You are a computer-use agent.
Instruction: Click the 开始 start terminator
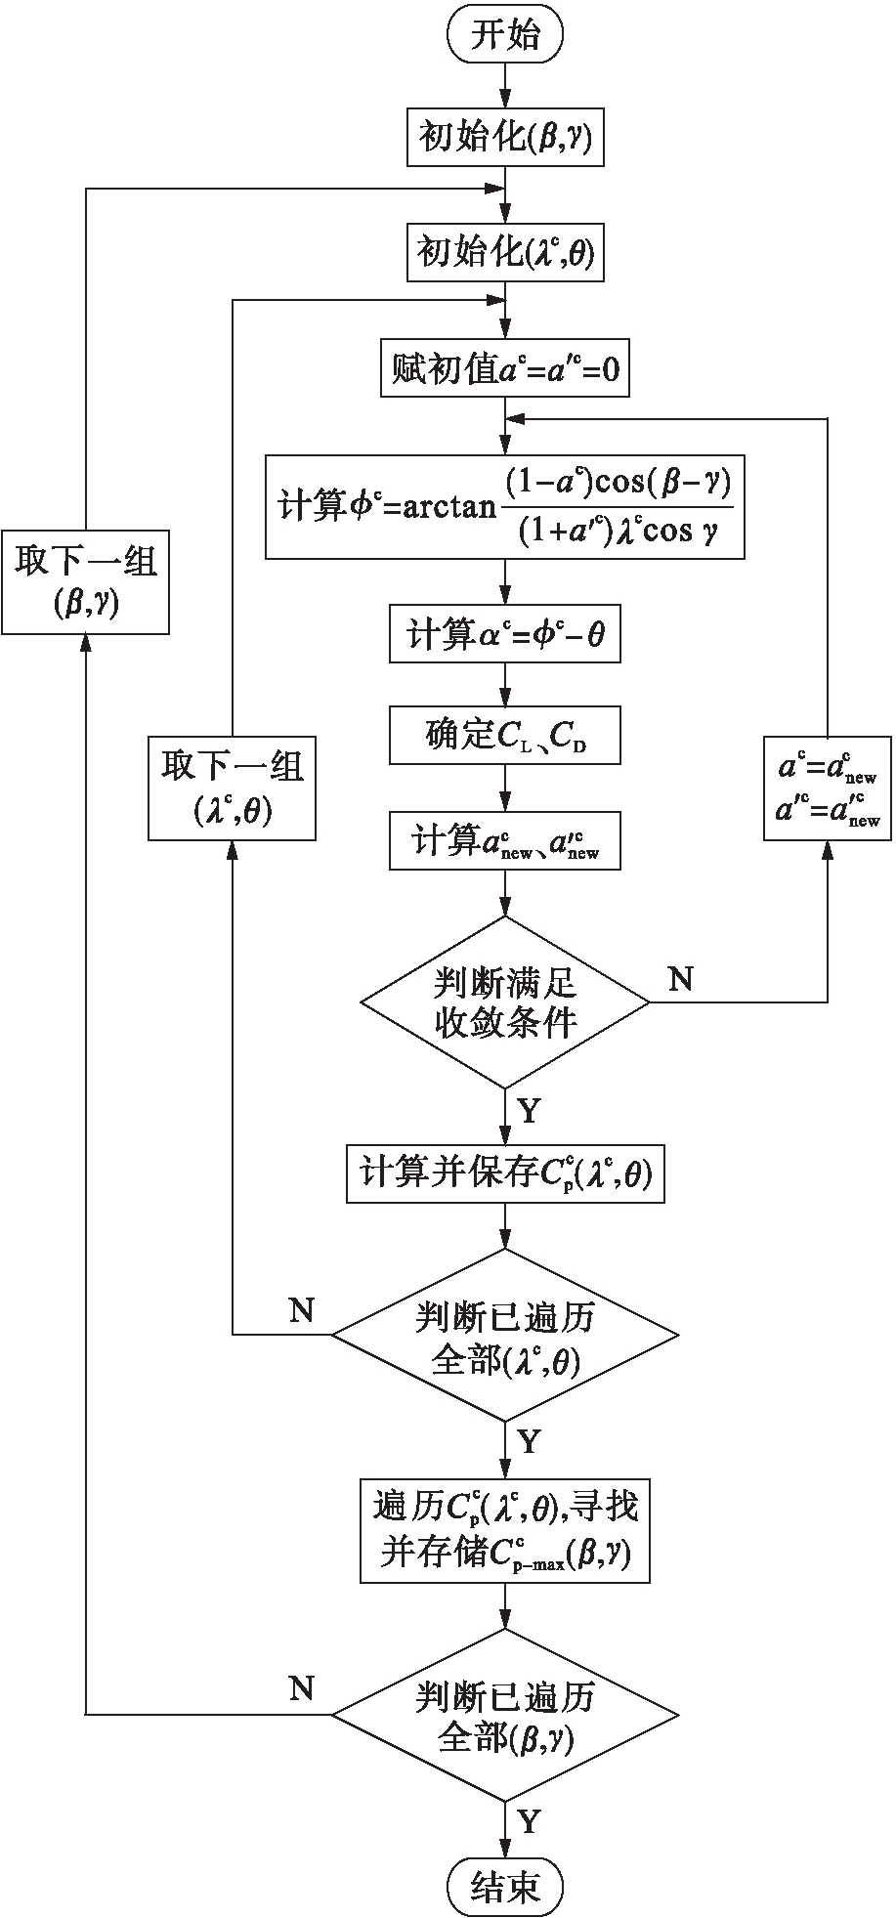505,36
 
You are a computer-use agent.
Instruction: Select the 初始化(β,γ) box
505,137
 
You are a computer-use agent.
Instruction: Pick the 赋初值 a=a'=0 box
505,368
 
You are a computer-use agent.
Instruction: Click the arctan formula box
505,506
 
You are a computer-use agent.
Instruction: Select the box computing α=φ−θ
505,635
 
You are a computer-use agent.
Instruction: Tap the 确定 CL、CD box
505,736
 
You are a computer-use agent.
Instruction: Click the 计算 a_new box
505,840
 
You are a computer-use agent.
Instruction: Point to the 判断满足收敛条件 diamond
505,1002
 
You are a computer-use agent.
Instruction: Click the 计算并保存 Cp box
505,1174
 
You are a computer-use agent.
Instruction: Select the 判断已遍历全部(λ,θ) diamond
505,1335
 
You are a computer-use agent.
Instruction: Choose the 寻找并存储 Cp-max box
505,1530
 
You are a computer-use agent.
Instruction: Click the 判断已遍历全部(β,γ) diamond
505,1714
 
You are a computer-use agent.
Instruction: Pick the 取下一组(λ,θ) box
233,788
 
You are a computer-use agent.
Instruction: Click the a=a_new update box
829,788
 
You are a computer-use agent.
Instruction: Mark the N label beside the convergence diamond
680,979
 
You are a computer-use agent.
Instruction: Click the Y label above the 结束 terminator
529,1821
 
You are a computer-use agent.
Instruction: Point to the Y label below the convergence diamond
529,1111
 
